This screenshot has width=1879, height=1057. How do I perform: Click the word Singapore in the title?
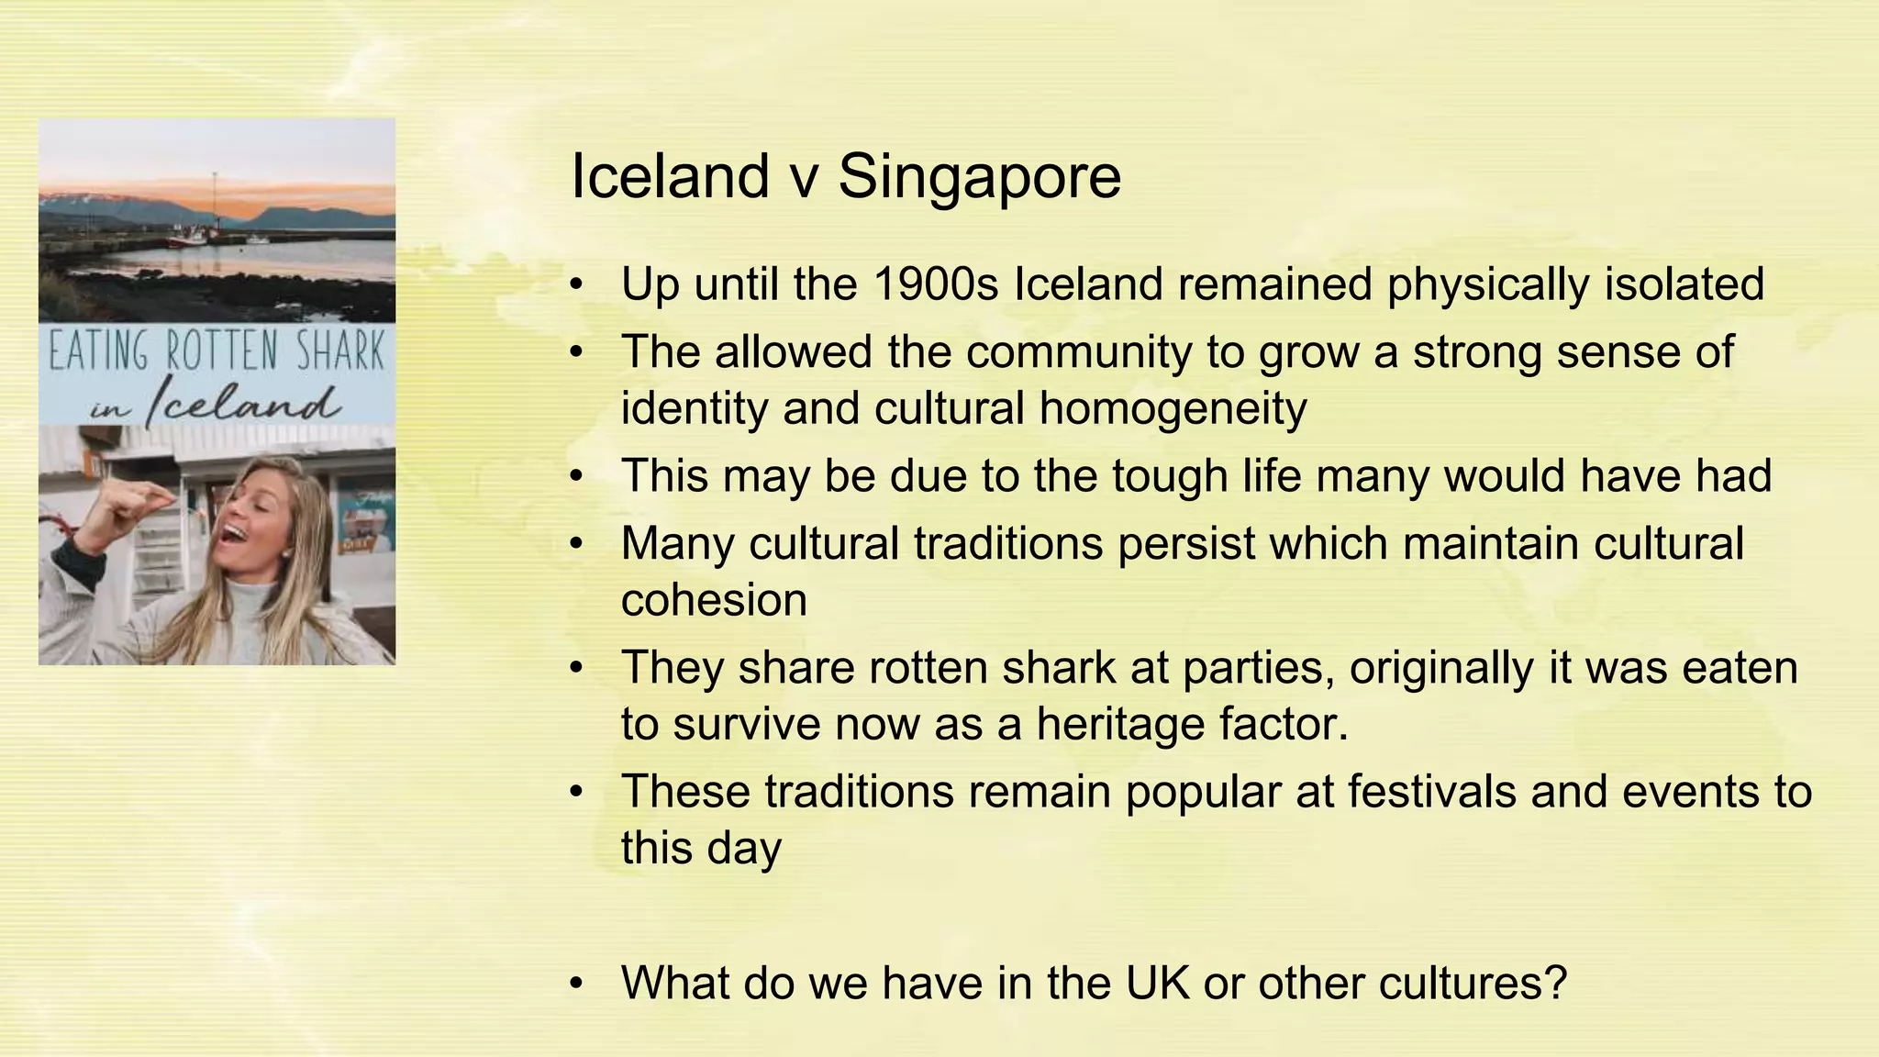click(x=979, y=176)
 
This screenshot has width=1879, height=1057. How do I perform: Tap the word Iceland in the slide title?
click(x=670, y=176)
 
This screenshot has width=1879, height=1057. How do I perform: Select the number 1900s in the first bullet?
click(x=935, y=284)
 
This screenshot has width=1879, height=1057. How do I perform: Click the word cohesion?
click(x=714, y=600)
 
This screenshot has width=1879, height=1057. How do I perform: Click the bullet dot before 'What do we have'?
click(x=576, y=984)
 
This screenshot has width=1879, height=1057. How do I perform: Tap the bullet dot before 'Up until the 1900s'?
click(x=576, y=284)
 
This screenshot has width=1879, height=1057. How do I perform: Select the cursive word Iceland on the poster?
click(x=243, y=403)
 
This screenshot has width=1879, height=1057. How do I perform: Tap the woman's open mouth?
click(x=236, y=533)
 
